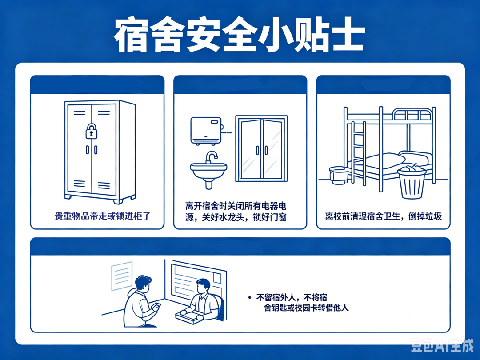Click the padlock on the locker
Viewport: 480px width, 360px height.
coord(91,131)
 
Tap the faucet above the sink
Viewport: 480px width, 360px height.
coord(211,157)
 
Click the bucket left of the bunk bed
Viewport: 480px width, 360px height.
coord(339,175)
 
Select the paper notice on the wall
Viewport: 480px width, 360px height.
coord(122,276)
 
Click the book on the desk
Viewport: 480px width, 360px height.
coord(189,317)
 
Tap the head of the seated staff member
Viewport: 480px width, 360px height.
coord(203,286)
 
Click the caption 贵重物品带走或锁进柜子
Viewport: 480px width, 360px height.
coord(103,216)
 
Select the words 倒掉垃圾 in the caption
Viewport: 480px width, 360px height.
coord(425,216)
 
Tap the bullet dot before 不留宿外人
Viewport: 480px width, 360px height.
coord(250,297)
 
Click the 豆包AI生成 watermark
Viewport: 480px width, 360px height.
coord(442,345)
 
